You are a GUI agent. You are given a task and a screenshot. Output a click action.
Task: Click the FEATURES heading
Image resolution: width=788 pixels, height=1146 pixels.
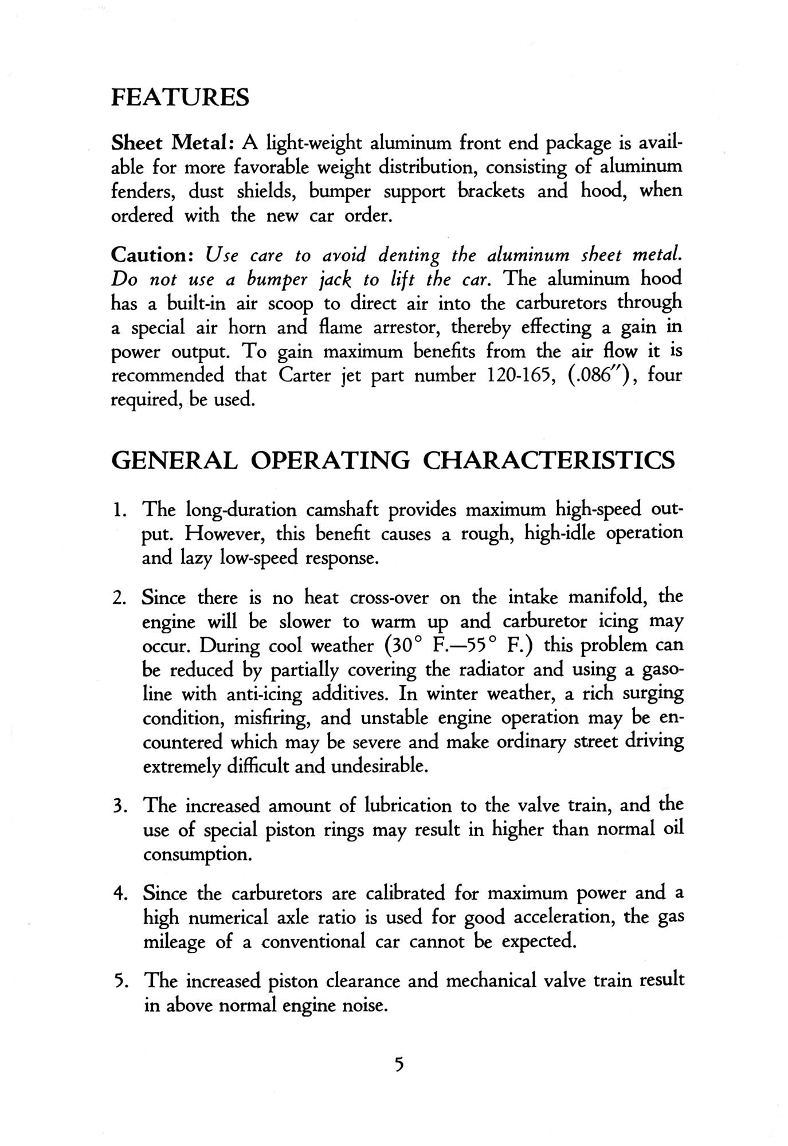click(180, 97)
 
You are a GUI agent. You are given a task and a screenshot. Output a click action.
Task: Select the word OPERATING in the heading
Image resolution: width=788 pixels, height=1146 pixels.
click(331, 461)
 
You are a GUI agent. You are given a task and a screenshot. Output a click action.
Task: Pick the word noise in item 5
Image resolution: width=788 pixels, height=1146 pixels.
click(365, 1006)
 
